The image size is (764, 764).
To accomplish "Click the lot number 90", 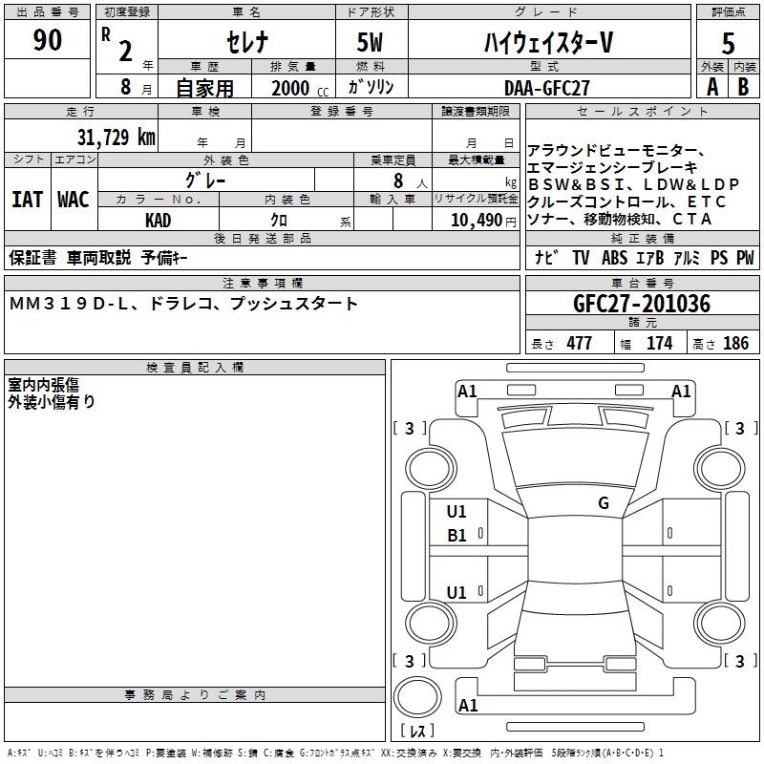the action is pos(47,40).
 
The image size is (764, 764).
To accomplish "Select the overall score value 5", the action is pos(729,43).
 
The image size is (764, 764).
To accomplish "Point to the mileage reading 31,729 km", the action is pos(117,137).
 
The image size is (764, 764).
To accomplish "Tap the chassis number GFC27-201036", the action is pos(642,304).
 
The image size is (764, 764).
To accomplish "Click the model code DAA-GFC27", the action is pos(547,88).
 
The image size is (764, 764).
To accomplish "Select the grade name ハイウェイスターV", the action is pos(546,43).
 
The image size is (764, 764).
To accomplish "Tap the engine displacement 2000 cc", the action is pos(292,88).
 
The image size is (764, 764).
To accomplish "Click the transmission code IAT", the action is pos(27,200).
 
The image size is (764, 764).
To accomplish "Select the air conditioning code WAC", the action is pos(73,200).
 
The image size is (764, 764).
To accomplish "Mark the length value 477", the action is pos(579,344).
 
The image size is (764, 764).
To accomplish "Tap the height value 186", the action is pos(735,344).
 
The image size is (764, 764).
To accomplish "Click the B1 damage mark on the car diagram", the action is pos(456,536).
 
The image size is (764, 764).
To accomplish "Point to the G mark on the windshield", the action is pos(603,503).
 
